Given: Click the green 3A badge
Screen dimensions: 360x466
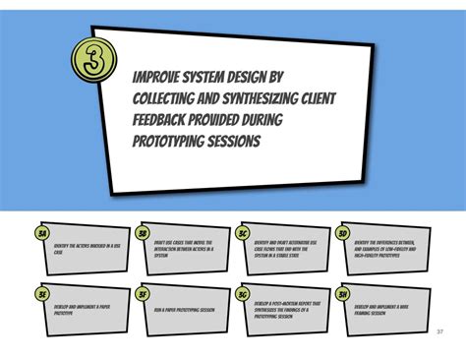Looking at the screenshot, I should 42,233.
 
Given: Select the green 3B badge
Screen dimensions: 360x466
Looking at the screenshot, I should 144,233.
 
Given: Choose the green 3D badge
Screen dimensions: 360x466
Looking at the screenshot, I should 342,233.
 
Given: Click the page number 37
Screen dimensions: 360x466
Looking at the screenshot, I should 439,330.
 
